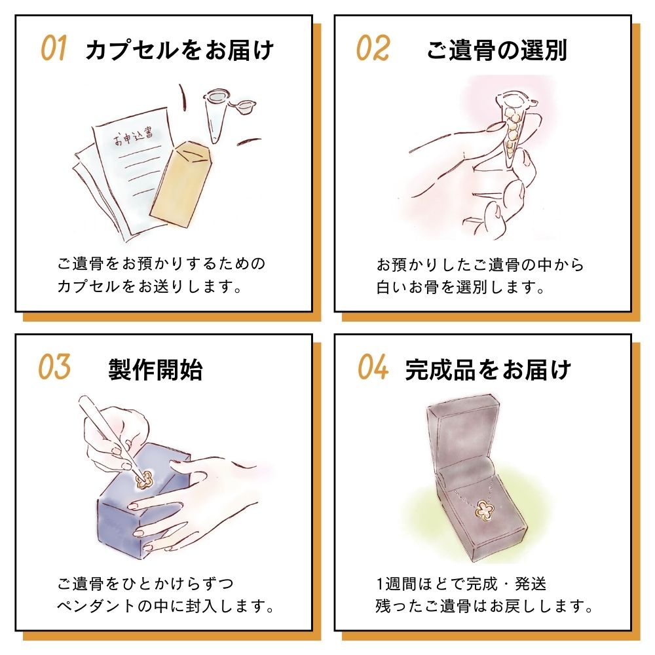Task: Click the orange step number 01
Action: (54, 48)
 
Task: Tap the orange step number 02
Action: (373, 48)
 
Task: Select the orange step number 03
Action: (54, 367)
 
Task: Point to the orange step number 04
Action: (373, 367)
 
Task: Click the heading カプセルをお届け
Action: (179, 50)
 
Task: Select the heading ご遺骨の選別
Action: (496, 50)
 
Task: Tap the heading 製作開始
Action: (155, 369)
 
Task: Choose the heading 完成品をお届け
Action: (488, 369)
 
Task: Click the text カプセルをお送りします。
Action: (149, 287)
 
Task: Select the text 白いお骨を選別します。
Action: (460, 288)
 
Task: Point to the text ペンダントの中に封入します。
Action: (166, 606)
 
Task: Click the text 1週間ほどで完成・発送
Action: (461, 584)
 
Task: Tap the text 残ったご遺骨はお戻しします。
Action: (484, 606)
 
